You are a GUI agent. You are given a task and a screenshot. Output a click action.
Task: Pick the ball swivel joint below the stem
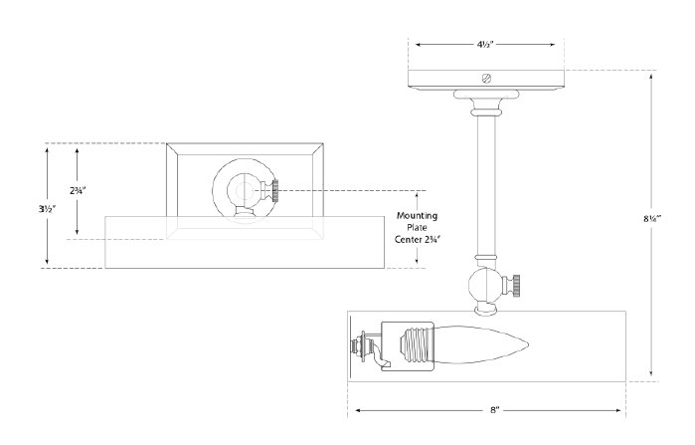(x=485, y=286)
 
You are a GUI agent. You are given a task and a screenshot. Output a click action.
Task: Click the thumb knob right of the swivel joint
(x=516, y=287)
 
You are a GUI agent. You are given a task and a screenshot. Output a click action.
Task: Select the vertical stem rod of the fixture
(x=485, y=189)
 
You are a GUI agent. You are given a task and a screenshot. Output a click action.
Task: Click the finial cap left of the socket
(x=361, y=348)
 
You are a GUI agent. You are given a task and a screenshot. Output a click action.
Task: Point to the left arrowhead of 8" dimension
(x=351, y=408)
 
